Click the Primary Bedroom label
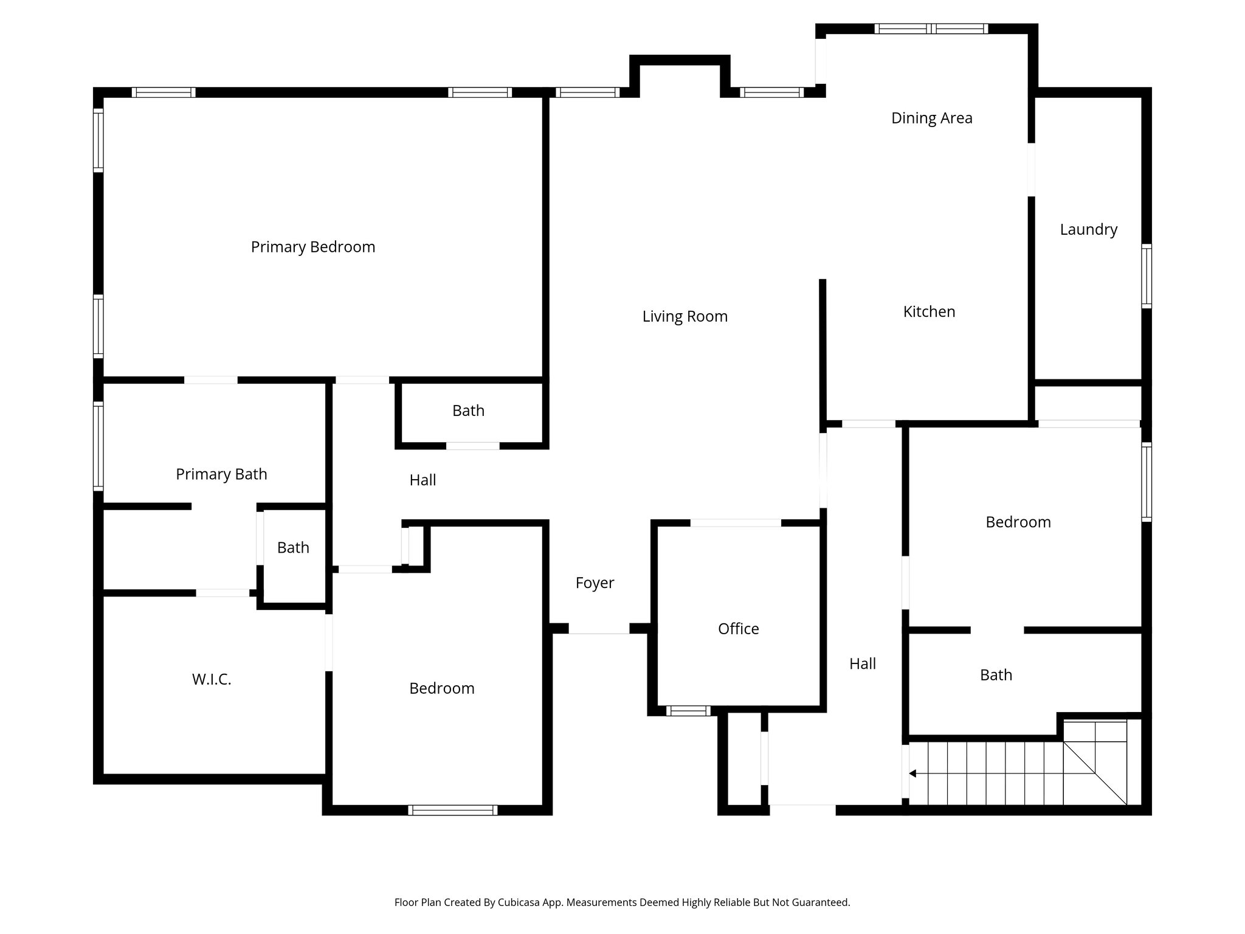pos(312,247)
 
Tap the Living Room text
pos(685,316)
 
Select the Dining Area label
pos(931,118)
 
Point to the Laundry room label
pos(1088,229)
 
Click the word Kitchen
pos(928,312)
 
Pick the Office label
pos(738,629)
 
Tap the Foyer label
pos(594,583)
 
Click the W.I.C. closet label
pos(212,679)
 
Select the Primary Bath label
pos(221,474)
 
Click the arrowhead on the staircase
pos(912,773)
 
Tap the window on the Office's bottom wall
pos(688,711)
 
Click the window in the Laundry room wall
pos(1146,276)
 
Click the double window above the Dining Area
pos(931,29)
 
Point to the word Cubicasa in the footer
pos(521,902)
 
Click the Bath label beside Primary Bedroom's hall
pos(468,411)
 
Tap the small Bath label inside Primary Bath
pos(293,548)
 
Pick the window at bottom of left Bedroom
pos(452,810)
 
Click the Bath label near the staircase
pos(996,675)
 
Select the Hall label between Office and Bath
pos(862,664)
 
